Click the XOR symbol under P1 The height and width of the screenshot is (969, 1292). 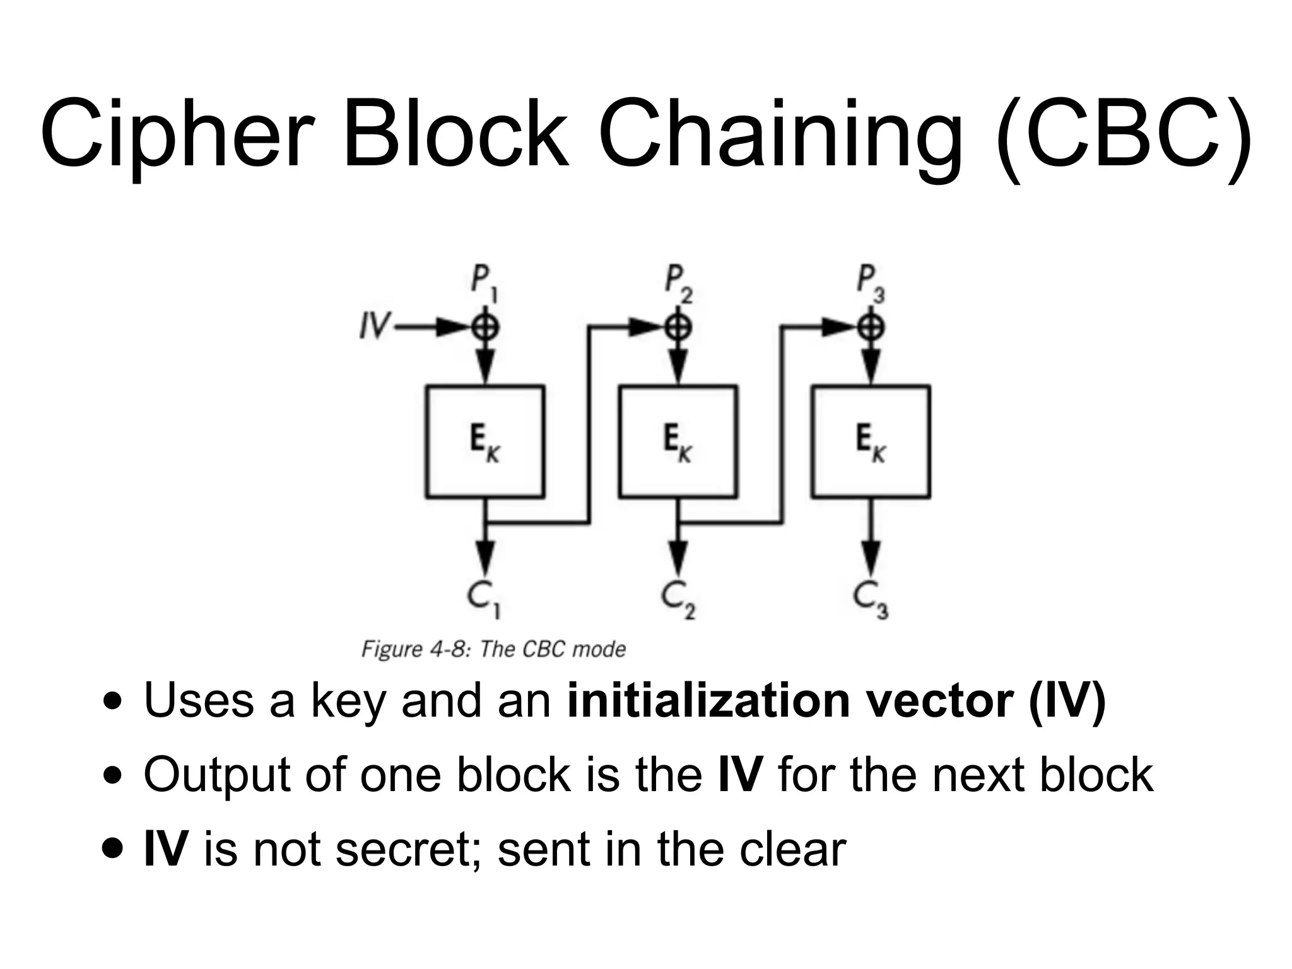coord(485,327)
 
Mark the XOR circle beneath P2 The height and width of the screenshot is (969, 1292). coord(678,327)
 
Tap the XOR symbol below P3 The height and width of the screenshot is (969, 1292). coord(871,327)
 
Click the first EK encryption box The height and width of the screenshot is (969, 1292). coord(484,442)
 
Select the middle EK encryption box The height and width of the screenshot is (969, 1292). coord(678,442)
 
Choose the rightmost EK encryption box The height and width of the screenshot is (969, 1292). coord(871,442)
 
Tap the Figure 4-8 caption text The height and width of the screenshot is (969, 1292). coord(493,649)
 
